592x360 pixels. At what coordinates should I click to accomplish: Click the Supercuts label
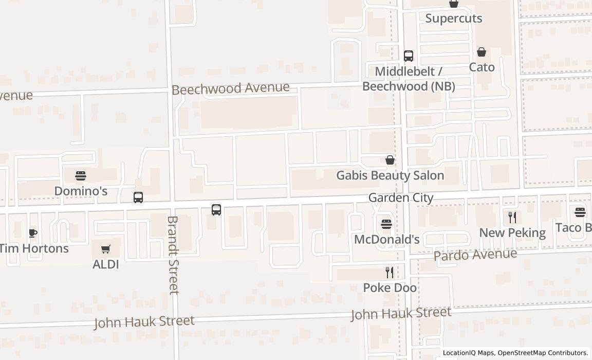tap(454, 19)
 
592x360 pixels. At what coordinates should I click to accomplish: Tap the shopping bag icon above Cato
tap(482, 52)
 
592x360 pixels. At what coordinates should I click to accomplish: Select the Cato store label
tap(482, 67)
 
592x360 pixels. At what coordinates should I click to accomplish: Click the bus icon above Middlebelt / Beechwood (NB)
tap(409, 56)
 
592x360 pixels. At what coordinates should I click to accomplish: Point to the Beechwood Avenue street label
tap(231, 88)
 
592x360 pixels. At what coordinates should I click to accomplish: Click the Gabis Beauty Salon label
tap(390, 175)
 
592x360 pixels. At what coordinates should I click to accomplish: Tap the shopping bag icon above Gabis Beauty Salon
tap(391, 160)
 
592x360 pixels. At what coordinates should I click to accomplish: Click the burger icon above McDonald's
tap(386, 224)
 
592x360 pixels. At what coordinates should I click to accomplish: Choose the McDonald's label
tap(387, 240)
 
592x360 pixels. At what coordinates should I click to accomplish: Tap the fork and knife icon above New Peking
tap(512, 218)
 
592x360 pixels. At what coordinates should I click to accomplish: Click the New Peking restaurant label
tap(512, 233)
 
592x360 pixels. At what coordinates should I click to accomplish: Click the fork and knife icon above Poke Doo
tap(390, 273)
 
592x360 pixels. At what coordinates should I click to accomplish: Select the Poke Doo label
tap(390, 288)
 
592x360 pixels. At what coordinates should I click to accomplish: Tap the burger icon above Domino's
tap(81, 176)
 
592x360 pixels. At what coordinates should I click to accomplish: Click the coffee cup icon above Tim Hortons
tap(33, 233)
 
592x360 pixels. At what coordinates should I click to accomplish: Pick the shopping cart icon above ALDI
tap(106, 249)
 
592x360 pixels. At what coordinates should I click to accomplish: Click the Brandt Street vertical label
tap(173, 255)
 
